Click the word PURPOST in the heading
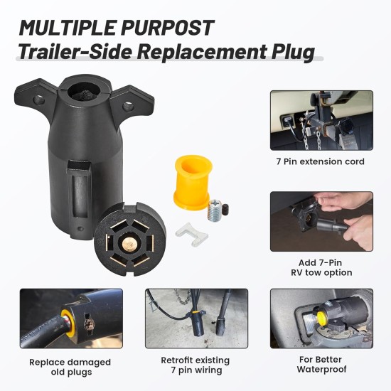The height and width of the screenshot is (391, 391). tap(168, 28)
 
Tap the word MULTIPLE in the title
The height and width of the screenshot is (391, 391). tap(67, 28)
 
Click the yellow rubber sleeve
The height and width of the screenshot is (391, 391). tap(193, 183)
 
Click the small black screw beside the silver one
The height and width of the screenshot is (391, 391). tap(225, 210)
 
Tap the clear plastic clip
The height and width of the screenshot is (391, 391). tap(191, 235)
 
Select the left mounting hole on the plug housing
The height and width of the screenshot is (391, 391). tap(38, 100)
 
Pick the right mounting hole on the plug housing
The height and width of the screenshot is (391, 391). tap(128, 106)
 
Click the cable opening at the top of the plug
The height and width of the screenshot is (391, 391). tap(84, 92)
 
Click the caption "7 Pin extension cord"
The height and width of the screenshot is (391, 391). tap(320, 161)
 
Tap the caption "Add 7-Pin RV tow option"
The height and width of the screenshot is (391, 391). tap(321, 267)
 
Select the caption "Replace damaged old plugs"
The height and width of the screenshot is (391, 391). tap(70, 367)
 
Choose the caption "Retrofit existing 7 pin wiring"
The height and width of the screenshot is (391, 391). tap(195, 365)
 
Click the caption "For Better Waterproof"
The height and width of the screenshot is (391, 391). tap(321, 364)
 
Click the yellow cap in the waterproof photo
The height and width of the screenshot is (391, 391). tap(322, 316)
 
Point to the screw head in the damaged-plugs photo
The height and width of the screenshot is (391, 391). tap(89, 323)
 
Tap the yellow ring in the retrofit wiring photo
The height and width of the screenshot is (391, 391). tap(195, 311)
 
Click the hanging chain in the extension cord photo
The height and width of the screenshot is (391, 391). tap(318, 139)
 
